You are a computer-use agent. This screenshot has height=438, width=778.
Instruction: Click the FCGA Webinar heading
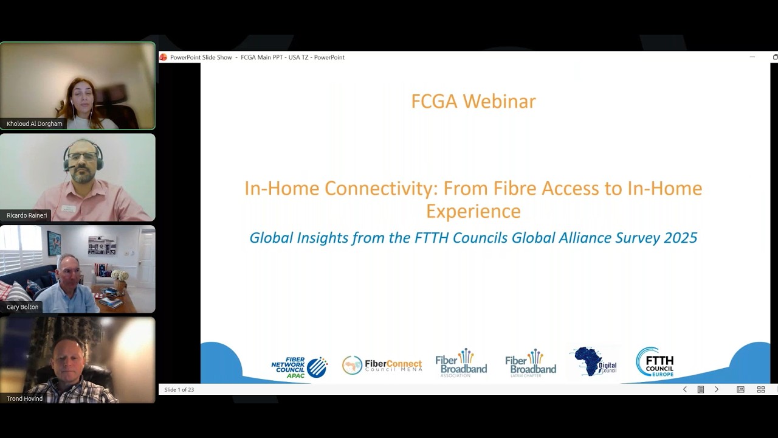click(x=473, y=101)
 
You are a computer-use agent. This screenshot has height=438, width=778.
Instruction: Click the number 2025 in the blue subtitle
click(x=681, y=238)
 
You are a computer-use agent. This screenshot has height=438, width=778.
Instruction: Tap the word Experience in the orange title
click(x=473, y=211)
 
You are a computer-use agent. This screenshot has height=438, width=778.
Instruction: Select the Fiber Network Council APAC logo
click(x=299, y=367)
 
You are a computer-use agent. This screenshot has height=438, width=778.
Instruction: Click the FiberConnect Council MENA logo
click(x=382, y=365)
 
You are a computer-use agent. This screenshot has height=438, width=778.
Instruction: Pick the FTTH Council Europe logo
click(x=655, y=363)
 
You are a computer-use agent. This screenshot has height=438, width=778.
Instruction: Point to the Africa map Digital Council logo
click(x=595, y=362)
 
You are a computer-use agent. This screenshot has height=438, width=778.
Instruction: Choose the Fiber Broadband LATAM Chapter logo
click(x=530, y=363)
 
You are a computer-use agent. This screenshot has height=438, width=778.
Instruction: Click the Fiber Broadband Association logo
click(x=461, y=363)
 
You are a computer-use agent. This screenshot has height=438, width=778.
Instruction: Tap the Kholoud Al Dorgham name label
click(x=35, y=123)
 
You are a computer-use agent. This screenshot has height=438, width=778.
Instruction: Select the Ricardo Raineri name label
click(x=27, y=215)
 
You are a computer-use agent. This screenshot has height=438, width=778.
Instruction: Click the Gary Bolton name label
click(x=22, y=307)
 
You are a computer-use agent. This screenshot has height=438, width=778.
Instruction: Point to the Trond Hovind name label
click(x=25, y=398)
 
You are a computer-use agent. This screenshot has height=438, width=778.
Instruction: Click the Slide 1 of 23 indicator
click(x=179, y=389)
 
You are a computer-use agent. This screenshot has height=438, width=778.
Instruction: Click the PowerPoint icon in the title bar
click(x=163, y=57)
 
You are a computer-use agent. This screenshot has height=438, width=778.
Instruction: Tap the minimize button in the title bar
click(x=752, y=57)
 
